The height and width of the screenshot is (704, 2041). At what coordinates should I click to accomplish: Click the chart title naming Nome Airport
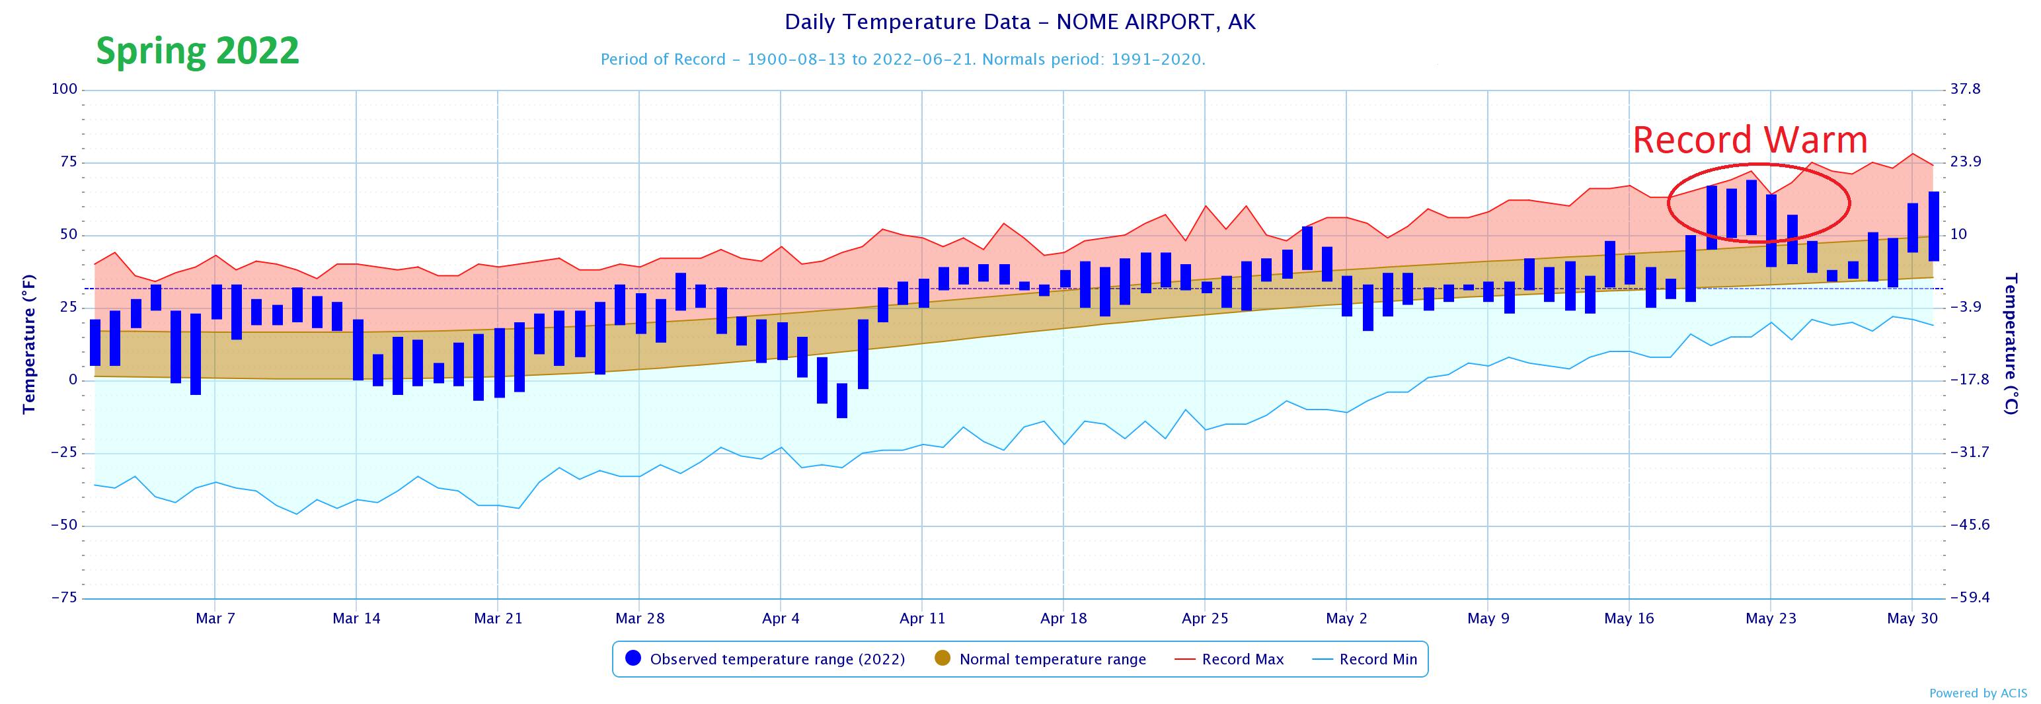pos(1020,22)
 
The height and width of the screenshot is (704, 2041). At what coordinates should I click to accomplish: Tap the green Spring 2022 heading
pos(197,52)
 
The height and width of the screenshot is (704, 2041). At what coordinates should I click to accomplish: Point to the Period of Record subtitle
pos(902,59)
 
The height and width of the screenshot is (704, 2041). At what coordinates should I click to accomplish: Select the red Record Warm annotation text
pos(1750,140)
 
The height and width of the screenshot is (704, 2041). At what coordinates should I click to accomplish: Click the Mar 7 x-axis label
pos(215,618)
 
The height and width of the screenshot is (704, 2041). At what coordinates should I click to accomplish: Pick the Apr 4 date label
pos(781,618)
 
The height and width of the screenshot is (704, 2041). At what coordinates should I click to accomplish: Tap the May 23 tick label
pos(1770,618)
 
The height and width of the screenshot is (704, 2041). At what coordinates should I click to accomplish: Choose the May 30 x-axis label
pos(1912,618)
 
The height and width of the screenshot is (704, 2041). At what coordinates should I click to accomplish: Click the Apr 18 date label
pos(1063,618)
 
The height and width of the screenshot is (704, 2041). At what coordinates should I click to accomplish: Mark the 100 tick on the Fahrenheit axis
pos(64,89)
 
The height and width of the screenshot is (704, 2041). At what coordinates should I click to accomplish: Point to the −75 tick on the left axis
pos(64,598)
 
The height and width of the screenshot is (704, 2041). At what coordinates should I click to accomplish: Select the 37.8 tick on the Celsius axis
pos(1965,89)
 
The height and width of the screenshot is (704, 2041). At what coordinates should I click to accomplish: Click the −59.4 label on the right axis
pos(1969,598)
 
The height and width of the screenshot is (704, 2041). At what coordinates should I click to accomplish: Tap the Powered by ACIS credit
pos(1978,693)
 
